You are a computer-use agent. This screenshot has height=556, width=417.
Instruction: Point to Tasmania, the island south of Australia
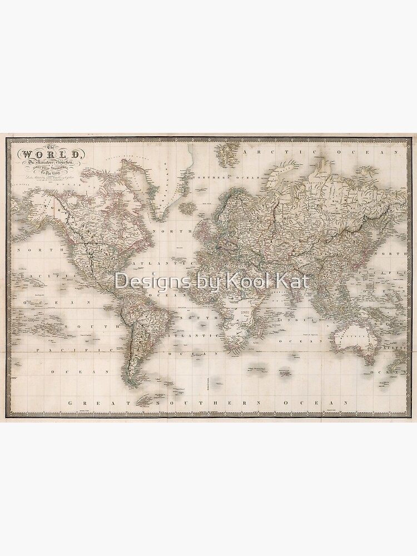coord(368,361)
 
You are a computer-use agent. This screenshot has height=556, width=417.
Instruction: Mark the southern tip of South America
coord(132,384)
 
